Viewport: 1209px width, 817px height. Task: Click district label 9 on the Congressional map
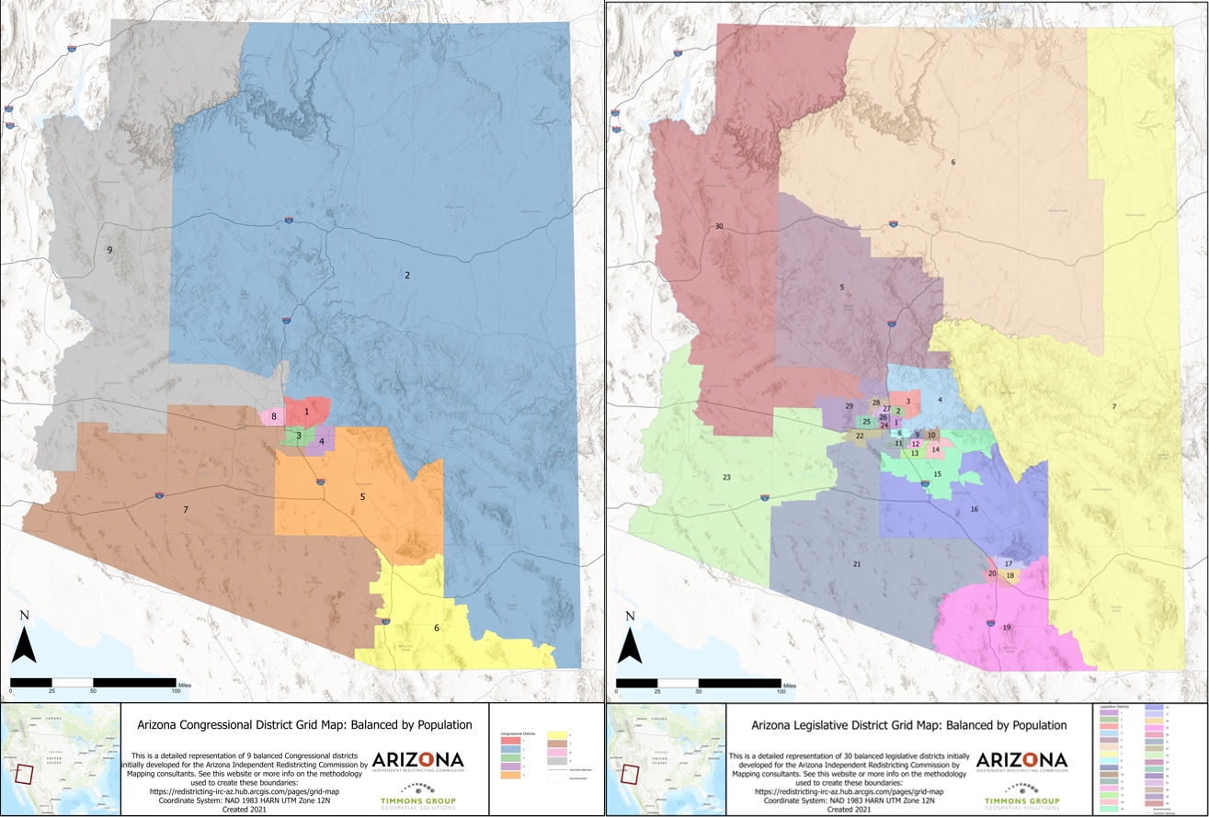click(109, 250)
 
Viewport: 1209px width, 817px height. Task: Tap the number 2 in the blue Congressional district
click(406, 275)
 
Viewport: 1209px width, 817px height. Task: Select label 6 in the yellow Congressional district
click(437, 628)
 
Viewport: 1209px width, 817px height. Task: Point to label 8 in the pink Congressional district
click(273, 416)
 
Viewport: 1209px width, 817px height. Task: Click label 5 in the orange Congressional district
click(362, 497)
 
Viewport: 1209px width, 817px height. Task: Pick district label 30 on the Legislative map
click(718, 226)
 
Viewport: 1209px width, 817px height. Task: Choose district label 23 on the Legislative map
click(726, 478)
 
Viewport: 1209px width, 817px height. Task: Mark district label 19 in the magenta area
click(1007, 628)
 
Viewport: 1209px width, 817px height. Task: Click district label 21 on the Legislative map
click(856, 563)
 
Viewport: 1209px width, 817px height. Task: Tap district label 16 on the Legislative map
click(974, 509)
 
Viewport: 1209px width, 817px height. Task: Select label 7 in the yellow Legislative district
click(1113, 406)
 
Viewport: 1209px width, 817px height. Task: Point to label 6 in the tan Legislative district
click(953, 163)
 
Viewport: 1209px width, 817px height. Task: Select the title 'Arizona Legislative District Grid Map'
click(909, 725)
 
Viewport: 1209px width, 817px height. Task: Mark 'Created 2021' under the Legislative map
click(850, 810)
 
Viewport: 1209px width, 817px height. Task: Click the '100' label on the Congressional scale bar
click(176, 689)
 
